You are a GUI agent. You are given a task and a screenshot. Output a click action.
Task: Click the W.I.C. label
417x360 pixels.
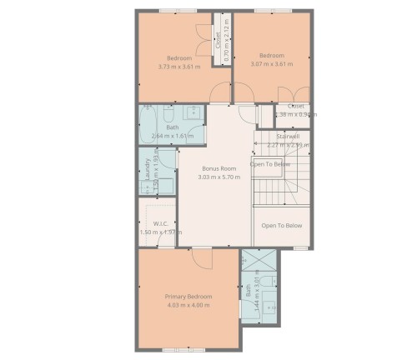pos(161,223)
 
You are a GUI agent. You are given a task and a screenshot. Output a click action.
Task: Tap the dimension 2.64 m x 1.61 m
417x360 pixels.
pos(173,136)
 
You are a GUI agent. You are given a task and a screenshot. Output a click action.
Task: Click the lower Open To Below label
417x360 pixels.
pos(281,226)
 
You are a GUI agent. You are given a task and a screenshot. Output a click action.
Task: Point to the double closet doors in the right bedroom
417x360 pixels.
pos(286,94)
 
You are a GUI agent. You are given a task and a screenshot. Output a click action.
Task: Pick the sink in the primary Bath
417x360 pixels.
pos(271,306)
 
